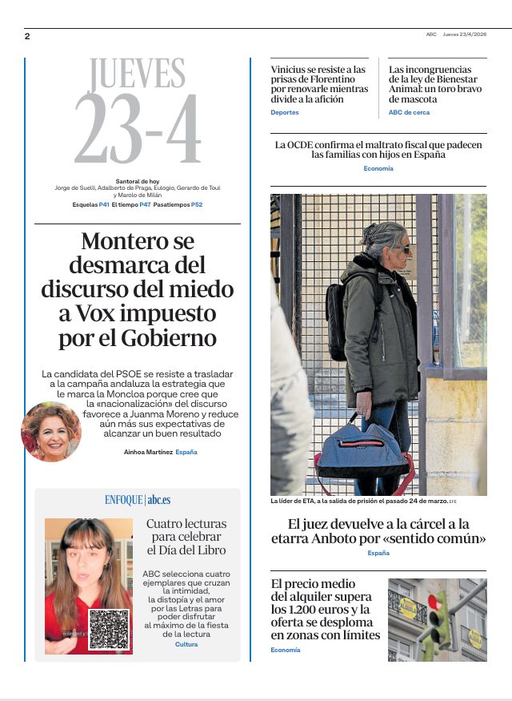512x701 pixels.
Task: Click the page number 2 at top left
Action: point(27,36)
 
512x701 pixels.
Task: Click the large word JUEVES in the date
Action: point(137,75)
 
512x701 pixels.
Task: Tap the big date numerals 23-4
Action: point(137,132)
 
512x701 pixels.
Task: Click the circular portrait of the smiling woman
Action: point(50,432)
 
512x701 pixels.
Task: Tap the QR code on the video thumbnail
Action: point(109,629)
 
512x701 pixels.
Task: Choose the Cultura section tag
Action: point(186,644)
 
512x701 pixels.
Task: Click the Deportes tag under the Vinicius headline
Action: point(285,113)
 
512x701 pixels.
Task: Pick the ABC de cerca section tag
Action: point(409,113)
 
